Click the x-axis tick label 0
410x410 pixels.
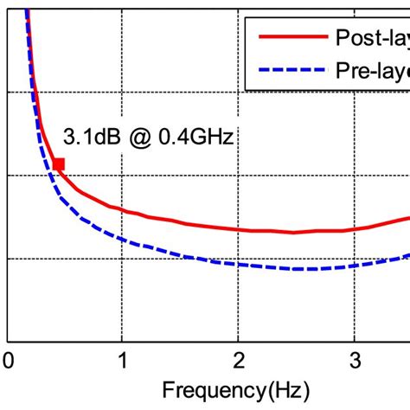(x=8, y=359)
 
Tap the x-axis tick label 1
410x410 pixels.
(x=123, y=359)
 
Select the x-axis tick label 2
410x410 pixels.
(x=238, y=359)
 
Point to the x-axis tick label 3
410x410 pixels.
(x=353, y=359)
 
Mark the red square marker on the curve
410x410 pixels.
(x=58, y=164)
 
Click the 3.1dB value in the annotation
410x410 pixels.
(x=91, y=138)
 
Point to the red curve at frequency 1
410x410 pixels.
(x=123, y=210)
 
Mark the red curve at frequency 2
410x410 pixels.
(x=238, y=229)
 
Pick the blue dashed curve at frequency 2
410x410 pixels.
(x=238, y=266)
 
